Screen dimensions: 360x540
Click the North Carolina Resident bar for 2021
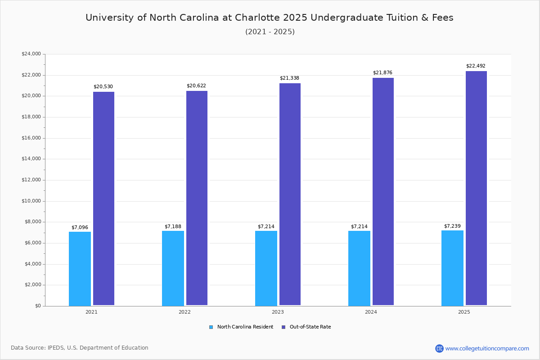point(80,269)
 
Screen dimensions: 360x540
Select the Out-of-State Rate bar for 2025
point(476,188)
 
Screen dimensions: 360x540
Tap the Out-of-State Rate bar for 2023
point(290,194)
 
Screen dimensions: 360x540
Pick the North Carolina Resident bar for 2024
point(359,268)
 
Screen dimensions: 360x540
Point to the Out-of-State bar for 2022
point(197,198)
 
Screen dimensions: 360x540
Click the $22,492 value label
point(476,66)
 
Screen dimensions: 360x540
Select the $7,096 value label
point(80,228)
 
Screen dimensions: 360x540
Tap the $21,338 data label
point(289,78)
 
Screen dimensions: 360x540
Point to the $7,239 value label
point(452,226)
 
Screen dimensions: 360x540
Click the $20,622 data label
point(196,86)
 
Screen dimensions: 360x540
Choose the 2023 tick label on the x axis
point(278,312)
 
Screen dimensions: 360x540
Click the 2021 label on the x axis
point(91,312)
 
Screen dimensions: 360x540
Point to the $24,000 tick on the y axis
point(31,54)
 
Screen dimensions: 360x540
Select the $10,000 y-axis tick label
point(31,201)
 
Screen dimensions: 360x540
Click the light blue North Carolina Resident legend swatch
point(211,327)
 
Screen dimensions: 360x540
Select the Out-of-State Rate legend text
point(310,327)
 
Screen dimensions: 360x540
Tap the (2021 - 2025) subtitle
point(270,32)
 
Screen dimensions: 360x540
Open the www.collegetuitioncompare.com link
point(487,348)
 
